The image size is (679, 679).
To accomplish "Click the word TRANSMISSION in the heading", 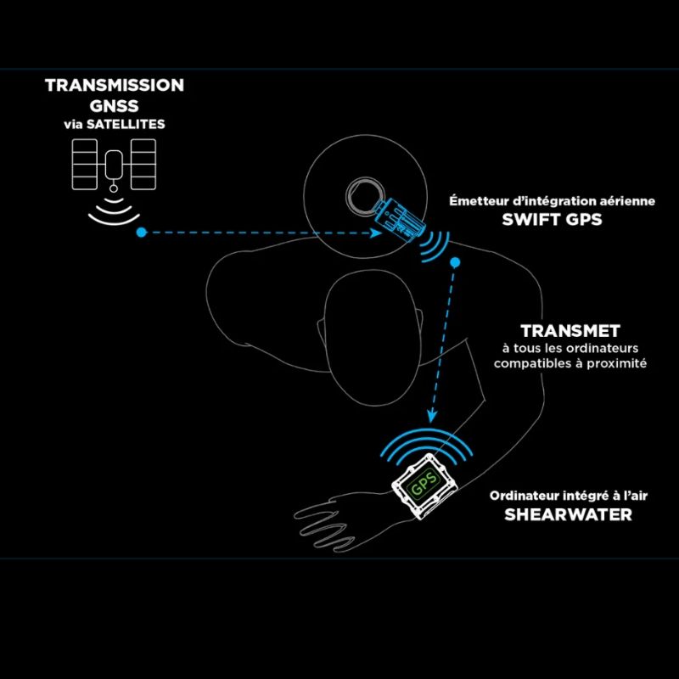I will point(114,86).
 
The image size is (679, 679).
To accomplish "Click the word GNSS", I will point(114,105).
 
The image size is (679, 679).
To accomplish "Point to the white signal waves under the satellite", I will point(114,212).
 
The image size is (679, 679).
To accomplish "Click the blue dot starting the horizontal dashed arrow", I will point(141,231).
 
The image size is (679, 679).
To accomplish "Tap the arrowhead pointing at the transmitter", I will point(373,231).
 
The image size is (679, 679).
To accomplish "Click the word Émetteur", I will point(477,201).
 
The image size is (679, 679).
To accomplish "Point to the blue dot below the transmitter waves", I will point(456,262).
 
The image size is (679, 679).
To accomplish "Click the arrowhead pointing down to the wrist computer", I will point(432,416).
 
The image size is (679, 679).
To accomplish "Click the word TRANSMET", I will point(570,331).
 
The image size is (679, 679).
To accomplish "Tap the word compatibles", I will point(534,363).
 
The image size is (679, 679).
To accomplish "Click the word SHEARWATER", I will point(569,515).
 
